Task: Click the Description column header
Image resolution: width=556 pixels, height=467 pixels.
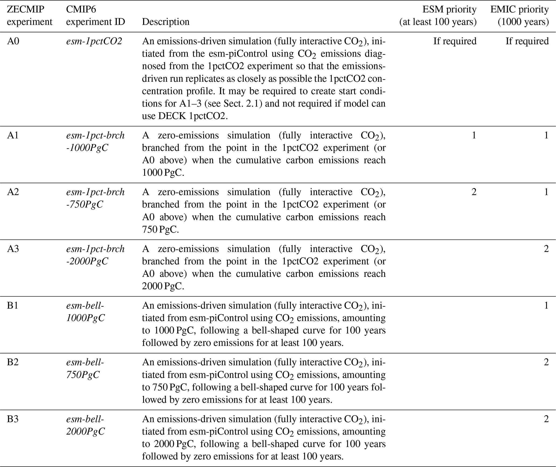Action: coord(165,22)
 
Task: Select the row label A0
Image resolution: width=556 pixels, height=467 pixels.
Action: coord(13,41)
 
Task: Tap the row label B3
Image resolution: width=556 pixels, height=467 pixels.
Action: coord(13,419)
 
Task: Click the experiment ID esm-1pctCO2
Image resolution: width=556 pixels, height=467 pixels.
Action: coord(94,41)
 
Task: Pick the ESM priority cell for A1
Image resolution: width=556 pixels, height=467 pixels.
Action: coord(474,135)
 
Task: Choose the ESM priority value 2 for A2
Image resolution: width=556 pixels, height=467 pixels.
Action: coord(474,192)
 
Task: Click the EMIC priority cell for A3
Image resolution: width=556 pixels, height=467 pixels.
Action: coord(546,249)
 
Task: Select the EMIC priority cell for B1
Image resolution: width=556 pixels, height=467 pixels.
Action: coord(546,305)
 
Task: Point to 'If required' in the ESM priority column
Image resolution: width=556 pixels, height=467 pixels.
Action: coord(455,41)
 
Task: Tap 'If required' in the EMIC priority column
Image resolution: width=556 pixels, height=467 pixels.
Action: coord(527,41)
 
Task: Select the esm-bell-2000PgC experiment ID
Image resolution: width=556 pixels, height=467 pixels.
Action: coord(86,425)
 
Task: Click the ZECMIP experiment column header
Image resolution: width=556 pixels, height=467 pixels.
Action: coord(29,16)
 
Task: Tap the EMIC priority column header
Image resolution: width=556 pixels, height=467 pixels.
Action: coord(519,16)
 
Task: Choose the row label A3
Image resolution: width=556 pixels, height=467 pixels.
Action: coord(13,249)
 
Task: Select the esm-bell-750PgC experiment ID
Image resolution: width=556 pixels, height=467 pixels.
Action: coord(85,368)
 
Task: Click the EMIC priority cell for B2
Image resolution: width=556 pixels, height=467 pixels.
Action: coord(546,362)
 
